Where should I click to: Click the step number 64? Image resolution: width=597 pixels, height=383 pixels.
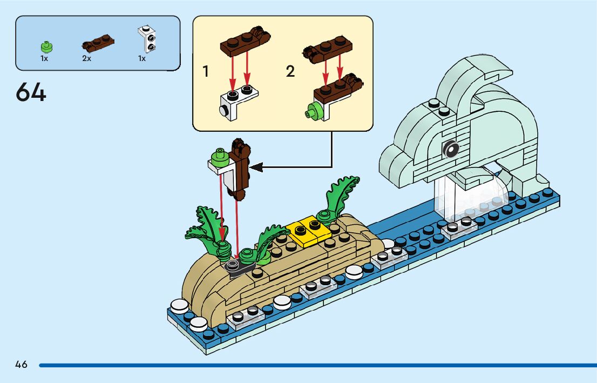31,92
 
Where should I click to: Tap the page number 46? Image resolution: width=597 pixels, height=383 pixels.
21,365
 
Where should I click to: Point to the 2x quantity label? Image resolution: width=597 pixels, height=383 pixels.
86,58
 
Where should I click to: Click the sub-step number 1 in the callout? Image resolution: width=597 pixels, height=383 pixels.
205,71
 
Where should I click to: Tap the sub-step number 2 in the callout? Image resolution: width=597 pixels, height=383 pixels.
290,71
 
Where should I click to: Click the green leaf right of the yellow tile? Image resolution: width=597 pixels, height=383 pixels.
340,197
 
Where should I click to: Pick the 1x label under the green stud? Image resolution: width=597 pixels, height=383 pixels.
44,58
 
